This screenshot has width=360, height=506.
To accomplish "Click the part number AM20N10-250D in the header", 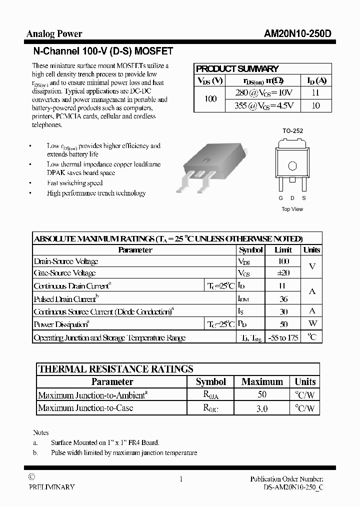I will tap(297, 34).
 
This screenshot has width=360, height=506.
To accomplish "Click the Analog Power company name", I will tap(54, 34).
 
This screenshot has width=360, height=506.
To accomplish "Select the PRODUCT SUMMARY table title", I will tap(237, 69).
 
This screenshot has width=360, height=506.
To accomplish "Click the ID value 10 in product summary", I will tap(316, 105).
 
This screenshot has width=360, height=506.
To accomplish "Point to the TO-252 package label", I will tap(292, 131).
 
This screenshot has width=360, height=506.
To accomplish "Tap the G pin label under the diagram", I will tap(281, 198).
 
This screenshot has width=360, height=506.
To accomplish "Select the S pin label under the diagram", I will tap(303, 198).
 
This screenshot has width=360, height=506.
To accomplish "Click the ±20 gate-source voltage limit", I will tap(282, 273).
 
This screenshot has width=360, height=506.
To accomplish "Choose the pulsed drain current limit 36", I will tap(282, 299).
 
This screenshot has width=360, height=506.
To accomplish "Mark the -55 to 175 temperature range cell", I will tap(282, 337).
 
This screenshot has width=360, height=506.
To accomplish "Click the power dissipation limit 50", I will tap(282, 324).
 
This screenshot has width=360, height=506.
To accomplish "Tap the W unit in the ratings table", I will tap(312, 324).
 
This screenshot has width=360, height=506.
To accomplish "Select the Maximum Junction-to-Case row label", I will tap(85, 408).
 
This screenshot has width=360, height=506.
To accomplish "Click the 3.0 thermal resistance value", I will tap(261, 408).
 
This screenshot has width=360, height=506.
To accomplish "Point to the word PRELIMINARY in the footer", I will tap(51, 487).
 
